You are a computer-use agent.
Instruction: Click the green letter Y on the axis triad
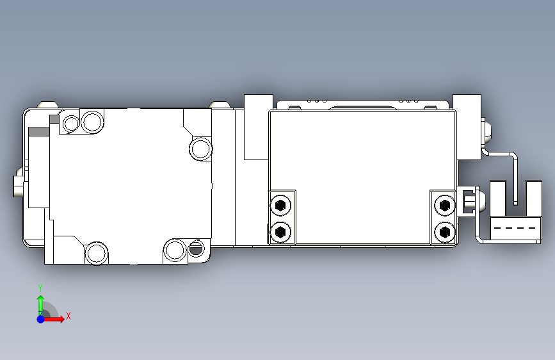pos(40,288)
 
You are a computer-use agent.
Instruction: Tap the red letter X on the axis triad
pos(68,316)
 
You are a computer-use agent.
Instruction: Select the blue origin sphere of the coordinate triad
pos(41,319)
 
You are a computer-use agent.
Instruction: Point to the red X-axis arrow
pos(52,319)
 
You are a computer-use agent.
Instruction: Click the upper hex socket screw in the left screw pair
pos(280,205)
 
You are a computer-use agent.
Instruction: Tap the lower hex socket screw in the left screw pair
pos(280,232)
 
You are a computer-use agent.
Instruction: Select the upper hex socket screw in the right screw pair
pos(444,205)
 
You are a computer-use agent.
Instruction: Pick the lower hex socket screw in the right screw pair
pos(444,232)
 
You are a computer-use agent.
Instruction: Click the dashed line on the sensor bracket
pos(515,228)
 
